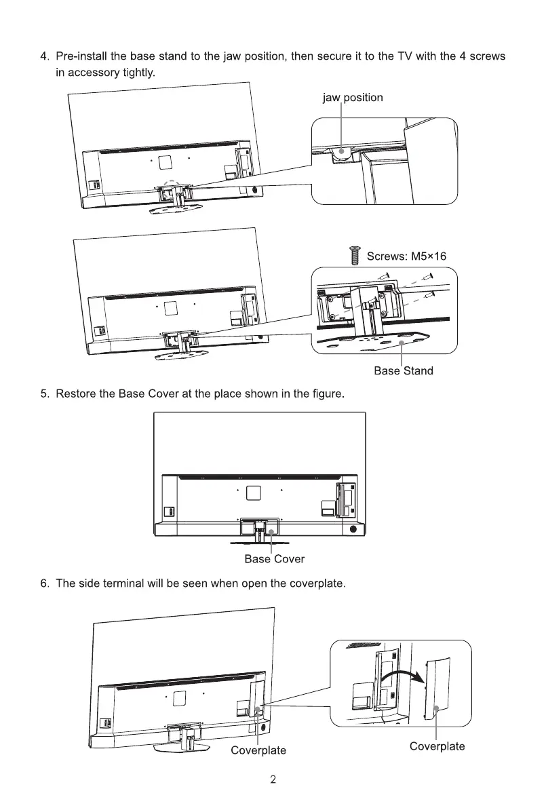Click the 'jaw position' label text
[x=353, y=98]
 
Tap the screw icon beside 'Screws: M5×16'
[x=353, y=257]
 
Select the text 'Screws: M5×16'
[x=406, y=256]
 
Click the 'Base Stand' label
[x=404, y=370]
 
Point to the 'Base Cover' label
[x=274, y=559]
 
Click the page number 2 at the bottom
[x=273, y=780]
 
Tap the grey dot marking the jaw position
[x=341, y=152]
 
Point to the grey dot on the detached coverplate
[x=435, y=709]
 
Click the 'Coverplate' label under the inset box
[x=437, y=746]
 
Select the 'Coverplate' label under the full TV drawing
[x=258, y=750]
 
